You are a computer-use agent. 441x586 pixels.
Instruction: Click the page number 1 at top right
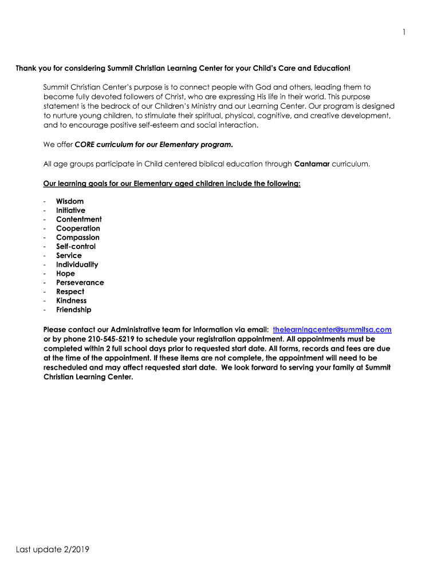click(404, 32)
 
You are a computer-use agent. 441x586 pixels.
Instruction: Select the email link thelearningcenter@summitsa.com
click(332, 330)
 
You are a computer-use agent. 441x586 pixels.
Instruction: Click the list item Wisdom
click(70, 201)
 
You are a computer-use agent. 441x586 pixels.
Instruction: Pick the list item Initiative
click(70, 211)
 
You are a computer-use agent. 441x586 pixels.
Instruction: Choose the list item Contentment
click(79, 219)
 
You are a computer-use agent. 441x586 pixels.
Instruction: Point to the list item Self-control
click(76, 247)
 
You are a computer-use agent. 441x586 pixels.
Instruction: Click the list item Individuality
click(77, 264)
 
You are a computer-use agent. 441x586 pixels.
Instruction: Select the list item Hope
click(65, 274)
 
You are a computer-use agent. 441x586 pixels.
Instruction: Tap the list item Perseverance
click(80, 283)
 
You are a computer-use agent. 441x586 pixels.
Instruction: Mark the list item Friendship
click(73, 310)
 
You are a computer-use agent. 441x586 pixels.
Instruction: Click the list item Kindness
click(72, 300)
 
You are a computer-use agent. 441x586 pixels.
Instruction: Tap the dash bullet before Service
click(45, 256)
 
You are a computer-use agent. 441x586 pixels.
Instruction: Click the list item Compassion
click(78, 237)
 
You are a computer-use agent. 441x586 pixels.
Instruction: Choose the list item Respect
click(70, 292)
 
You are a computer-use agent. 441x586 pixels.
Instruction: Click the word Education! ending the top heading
click(331, 69)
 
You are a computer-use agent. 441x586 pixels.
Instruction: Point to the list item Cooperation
click(78, 228)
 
